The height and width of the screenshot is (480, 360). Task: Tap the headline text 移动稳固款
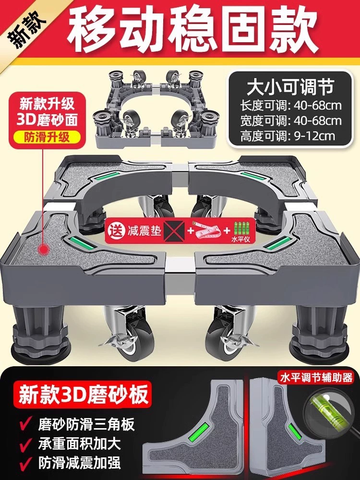192,29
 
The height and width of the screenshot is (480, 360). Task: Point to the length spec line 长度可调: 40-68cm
290,106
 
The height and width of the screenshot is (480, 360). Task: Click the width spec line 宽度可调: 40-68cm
290,120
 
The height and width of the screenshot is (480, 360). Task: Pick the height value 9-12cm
314,135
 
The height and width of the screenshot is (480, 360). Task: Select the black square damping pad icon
174,231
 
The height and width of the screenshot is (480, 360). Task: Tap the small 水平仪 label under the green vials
240,240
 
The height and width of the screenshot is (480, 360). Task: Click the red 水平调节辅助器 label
316,378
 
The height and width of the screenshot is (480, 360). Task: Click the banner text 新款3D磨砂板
83,394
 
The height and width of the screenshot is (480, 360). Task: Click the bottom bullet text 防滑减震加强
79,463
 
